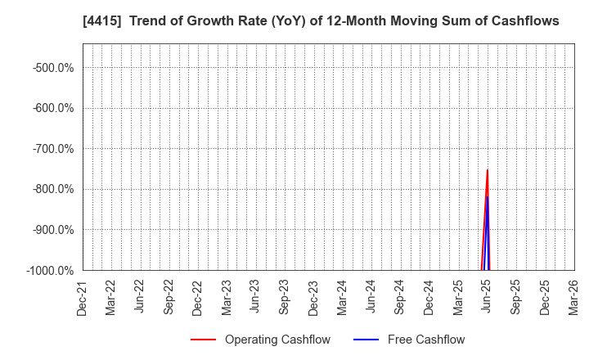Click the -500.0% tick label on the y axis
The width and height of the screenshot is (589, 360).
tap(55, 67)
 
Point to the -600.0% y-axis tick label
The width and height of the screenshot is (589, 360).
tap(55, 108)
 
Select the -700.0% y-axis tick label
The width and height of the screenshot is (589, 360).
tap(55, 148)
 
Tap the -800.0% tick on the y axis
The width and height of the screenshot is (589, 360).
tap(55, 189)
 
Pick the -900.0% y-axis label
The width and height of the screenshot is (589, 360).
tap(55, 229)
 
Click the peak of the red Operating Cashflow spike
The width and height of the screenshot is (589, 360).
tap(488, 170)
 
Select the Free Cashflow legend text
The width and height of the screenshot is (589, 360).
tap(425, 340)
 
